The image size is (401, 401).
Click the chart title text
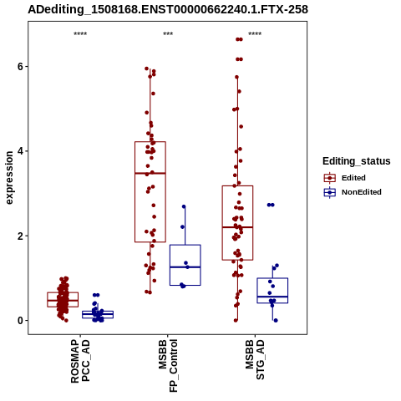(168, 9)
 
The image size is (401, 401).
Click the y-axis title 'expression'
(9, 178)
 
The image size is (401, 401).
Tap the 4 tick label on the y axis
(20, 151)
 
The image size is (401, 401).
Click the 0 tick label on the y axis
(20, 321)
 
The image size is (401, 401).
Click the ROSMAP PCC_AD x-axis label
(80, 361)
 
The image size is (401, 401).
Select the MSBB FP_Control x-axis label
(168, 366)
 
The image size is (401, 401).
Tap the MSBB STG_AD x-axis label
(255, 359)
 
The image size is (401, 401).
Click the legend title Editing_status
(357, 161)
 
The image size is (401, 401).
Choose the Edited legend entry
(345, 178)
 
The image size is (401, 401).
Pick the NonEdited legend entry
(353, 192)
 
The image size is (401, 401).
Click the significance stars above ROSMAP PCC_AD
(80, 34)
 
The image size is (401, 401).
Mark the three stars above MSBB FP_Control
(168, 34)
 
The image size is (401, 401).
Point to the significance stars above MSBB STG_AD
(255, 34)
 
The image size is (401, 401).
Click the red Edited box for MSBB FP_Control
(150, 142)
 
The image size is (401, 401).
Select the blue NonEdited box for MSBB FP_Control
(185, 245)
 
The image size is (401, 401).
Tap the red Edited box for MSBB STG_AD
(237, 185)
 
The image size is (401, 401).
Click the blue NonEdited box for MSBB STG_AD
(272, 278)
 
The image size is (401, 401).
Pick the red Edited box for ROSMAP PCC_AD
(63, 292)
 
